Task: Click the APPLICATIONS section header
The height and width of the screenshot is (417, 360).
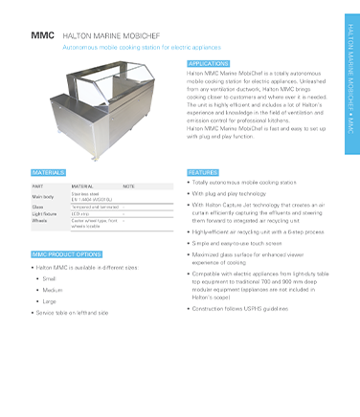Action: pyautogui.click(x=209, y=63)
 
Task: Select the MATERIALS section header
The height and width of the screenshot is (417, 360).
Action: pyautogui.click(x=48, y=172)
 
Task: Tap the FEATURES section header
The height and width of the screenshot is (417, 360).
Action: pyautogui.click(x=203, y=172)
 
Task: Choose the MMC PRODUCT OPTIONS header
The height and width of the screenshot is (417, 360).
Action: pyautogui.click(x=67, y=254)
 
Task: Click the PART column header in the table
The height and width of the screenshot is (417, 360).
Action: pyautogui.click(x=38, y=186)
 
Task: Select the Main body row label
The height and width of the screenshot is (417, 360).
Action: pyautogui.click(x=43, y=195)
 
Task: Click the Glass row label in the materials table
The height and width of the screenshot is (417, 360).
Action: pyautogui.click(x=37, y=206)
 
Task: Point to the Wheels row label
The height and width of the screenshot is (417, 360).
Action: pyautogui.click(x=39, y=220)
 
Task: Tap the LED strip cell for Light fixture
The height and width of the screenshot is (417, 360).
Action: pyautogui.click(x=80, y=213)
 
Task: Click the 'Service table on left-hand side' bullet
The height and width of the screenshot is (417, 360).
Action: pyautogui.click(x=73, y=312)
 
